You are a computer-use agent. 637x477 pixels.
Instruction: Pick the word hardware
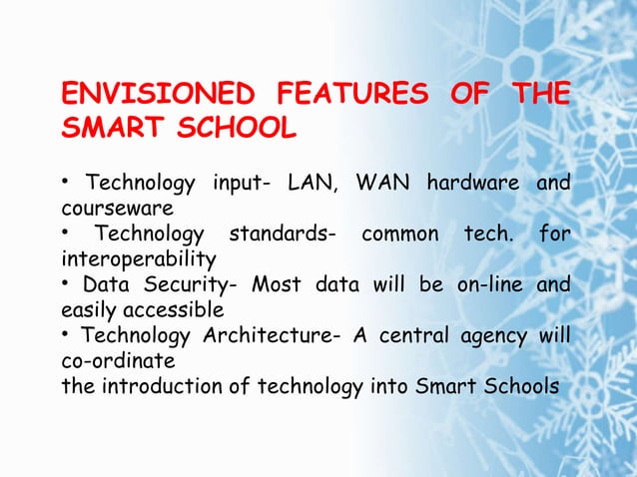pos(472,185)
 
